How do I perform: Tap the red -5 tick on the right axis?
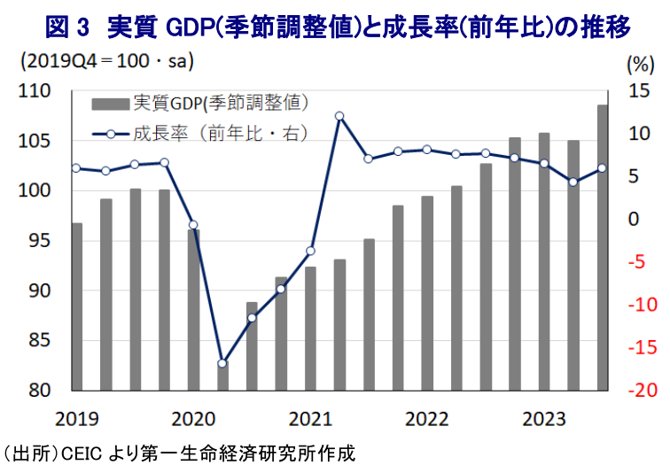click(640, 261)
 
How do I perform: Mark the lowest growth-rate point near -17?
click(222, 363)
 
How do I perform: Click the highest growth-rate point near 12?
click(339, 116)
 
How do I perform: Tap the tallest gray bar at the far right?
click(603, 248)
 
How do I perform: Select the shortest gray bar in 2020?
click(222, 376)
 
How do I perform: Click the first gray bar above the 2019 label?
click(76, 306)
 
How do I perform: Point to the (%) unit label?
click(637, 64)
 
